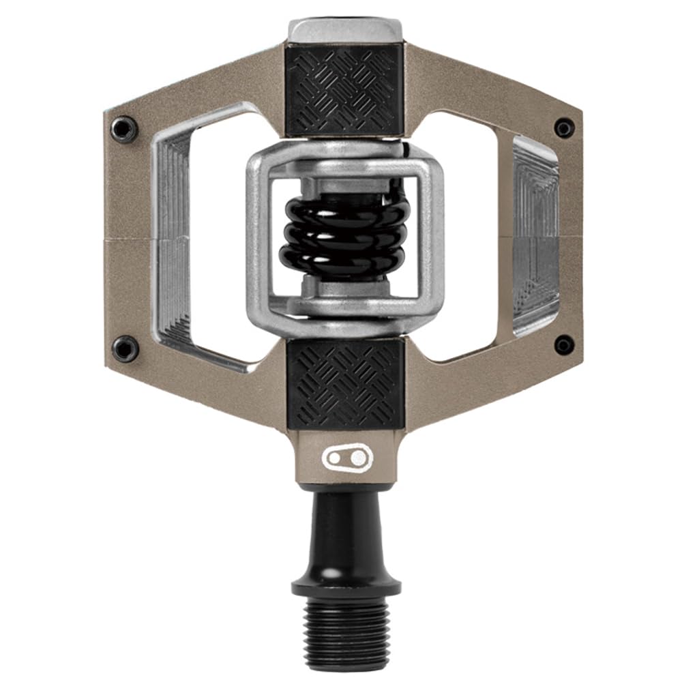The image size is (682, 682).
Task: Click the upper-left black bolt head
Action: click(125, 128)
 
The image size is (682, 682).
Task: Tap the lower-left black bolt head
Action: click(125, 349)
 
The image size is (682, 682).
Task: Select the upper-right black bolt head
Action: click(564, 128)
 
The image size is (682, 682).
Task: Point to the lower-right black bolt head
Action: click(564, 345)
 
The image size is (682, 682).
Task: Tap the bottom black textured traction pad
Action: click(344, 384)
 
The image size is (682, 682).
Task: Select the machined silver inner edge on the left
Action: click(167, 239)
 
